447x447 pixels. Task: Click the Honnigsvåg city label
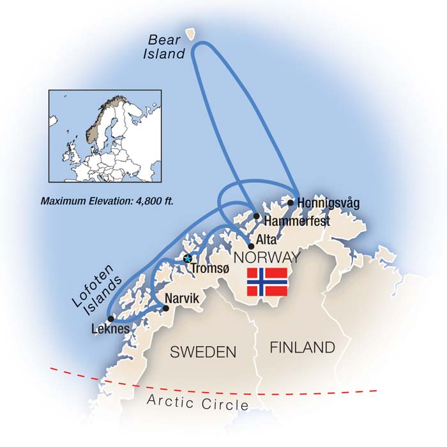(x=328, y=203)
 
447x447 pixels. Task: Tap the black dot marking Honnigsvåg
(x=291, y=202)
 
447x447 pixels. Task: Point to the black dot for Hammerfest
(x=257, y=216)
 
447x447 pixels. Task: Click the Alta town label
(x=267, y=240)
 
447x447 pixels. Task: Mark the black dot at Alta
(x=251, y=246)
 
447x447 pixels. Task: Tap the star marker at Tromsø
(x=188, y=259)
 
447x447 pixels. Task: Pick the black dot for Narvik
(x=166, y=308)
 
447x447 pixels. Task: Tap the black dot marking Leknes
(x=111, y=318)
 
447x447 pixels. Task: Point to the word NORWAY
(x=267, y=257)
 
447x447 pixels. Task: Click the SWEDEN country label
(x=202, y=352)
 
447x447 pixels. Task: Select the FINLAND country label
(x=302, y=347)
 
